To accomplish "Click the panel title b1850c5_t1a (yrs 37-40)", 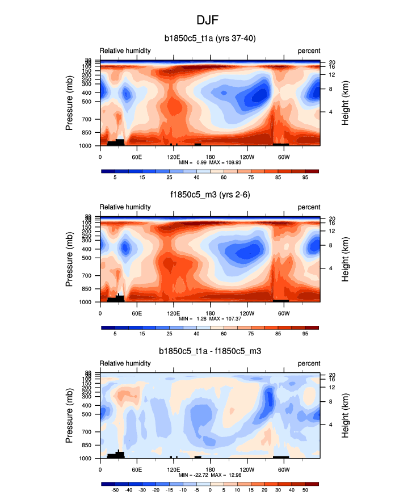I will [x=208, y=39].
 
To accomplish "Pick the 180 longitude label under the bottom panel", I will [x=210, y=468].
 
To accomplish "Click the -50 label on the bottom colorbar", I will [x=115, y=490].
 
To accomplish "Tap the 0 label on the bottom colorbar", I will [x=210, y=490].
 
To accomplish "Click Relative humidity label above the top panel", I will [x=125, y=51].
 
